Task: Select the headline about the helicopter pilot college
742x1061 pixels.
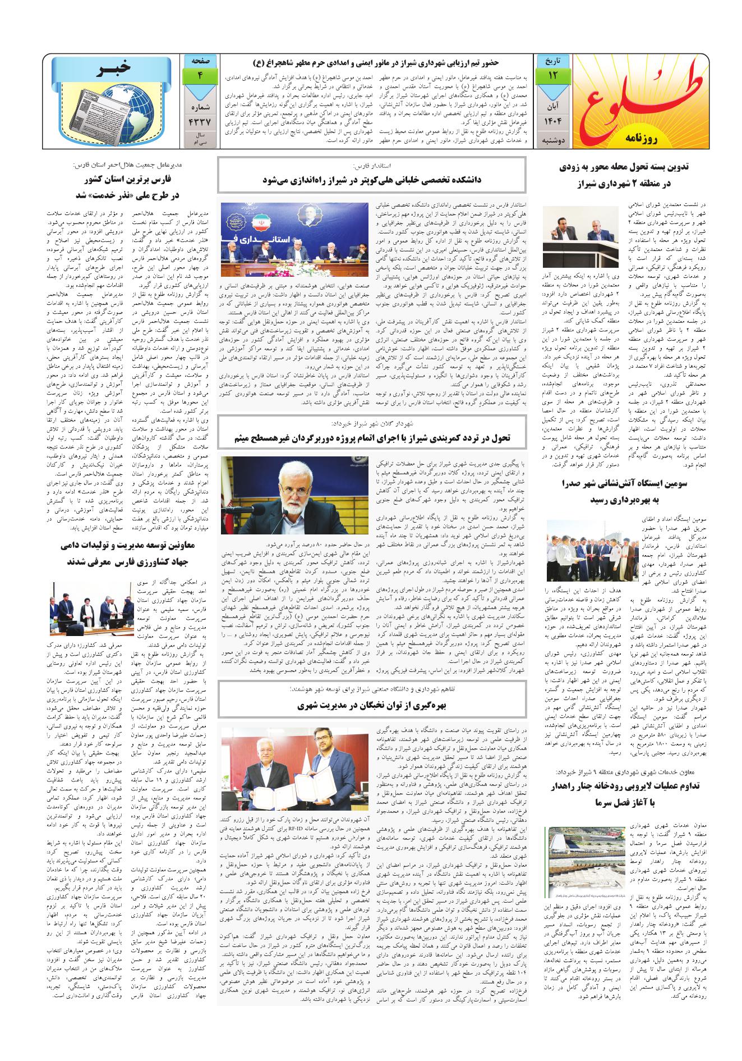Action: (372, 180)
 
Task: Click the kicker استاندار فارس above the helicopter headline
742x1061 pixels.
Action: (372, 166)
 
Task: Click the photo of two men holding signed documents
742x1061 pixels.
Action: (291, 767)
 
